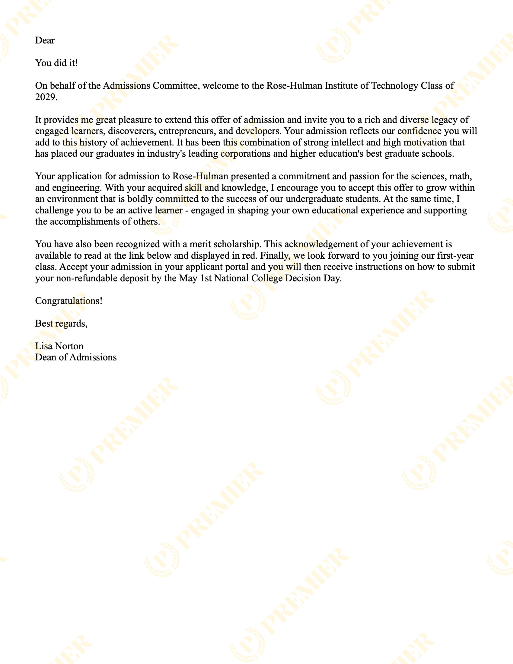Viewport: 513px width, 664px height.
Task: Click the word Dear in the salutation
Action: point(45,40)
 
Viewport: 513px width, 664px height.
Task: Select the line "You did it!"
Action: point(56,63)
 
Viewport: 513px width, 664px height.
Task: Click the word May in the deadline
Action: point(188,278)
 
